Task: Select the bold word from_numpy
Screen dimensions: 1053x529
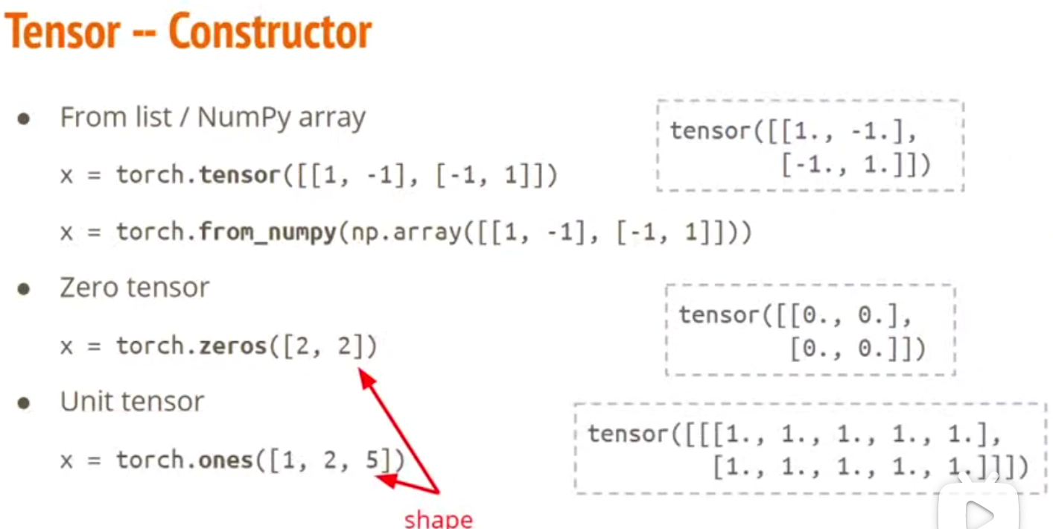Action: click(x=268, y=232)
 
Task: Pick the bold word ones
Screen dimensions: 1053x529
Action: click(x=226, y=460)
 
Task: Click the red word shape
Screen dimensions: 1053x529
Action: click(x=438, y=519)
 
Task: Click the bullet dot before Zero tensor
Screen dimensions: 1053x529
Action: click(x=24, y=289)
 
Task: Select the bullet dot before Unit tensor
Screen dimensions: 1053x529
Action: click(x=24, y=403)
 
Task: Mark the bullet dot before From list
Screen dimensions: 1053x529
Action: click(x=24, y=119)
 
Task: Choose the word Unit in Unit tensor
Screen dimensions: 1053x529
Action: click(x=83, y=402)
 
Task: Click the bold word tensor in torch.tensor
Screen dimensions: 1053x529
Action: click(x=240, y=176)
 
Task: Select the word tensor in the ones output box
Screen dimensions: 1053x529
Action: click(x=628, y=434)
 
